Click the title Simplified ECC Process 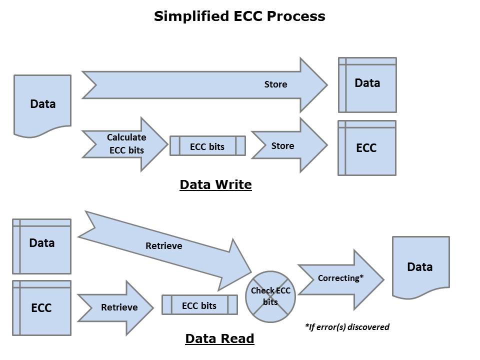click(239, 16)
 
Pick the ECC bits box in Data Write click(207, 146)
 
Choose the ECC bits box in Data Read click(199, 304)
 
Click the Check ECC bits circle click(270, 296)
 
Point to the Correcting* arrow click(340, 278)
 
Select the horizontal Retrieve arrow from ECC click(117, 307)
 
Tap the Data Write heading click(215, 185)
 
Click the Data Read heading click(219, 338)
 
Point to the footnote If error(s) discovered click(347, 327)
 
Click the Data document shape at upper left click(42, 104)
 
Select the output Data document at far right click(420, 266)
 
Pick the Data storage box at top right click(367, 84)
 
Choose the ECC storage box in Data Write click(366, 148)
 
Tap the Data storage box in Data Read click(41, 245)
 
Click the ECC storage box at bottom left click(41, 307)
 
